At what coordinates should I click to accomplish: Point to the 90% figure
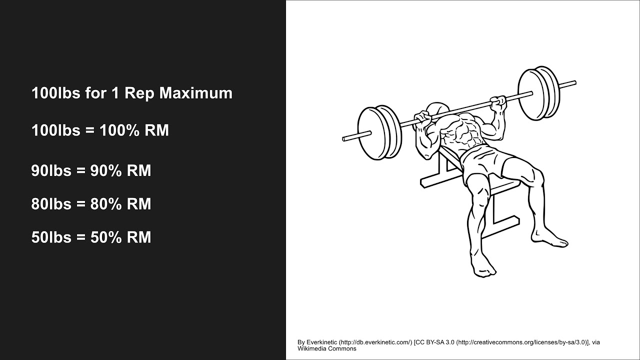click(106, 171)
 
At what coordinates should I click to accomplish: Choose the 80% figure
click(106, 204)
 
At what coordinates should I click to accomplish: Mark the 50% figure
click(106, 237)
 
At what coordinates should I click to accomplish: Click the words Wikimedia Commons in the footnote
click(327, 349)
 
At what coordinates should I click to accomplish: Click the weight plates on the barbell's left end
click(380, 132)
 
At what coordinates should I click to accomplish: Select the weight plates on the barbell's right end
click(538, 93)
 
